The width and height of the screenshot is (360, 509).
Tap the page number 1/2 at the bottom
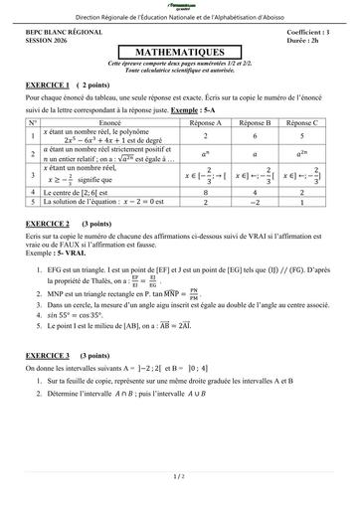[x=179, y=477]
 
